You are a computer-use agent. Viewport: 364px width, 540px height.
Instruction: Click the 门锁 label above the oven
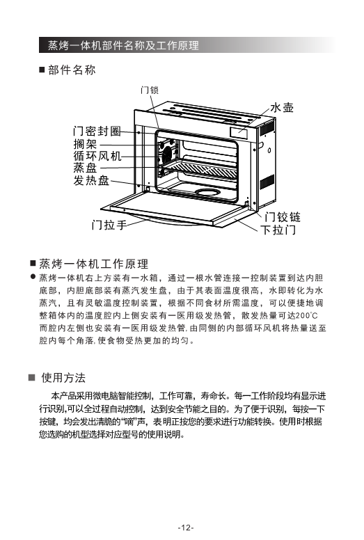pyautogui.click(x=150, y=90)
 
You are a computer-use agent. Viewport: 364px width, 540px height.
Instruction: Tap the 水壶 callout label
pyautogui.click(x=282, y=107)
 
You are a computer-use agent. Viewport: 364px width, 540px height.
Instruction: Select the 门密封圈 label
pyautogui.click(x=97, y=132)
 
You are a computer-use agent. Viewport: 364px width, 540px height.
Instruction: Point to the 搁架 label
pyautogui.click(x=85, y=144)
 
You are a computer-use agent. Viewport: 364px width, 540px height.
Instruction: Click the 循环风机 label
pyautogui.click(x=97, y=156)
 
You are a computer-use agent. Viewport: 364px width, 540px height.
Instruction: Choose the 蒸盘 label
pyautogui.click(x=85, y=168)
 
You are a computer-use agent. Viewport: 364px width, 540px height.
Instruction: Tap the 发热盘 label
pyautogui.click(x=91, y=180)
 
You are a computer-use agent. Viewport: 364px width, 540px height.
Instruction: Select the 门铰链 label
pyautogui.click(x=283, y=217)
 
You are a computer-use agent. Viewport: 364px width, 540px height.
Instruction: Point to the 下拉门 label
pyautogui.click(x=278, y=230)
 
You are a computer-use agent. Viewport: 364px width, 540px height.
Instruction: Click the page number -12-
pyautogui.click(x=186, y=527)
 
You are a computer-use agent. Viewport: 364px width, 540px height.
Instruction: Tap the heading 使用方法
pyautogui.click(x=63, y=377)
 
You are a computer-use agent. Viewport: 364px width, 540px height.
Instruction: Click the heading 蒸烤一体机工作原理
pyautogui.click(x=94, y=264)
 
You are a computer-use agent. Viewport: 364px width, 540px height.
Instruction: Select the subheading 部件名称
pyautogui.click(x=72, y=70)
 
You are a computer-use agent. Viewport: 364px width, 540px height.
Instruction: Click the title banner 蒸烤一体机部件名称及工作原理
pyautogui.click(x=123, y=45)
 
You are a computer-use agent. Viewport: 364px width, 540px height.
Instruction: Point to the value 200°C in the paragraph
pyautogui.click(x=306, y=315)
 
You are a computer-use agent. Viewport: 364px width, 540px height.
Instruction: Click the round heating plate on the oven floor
pyautogui.click(x=208, y=192)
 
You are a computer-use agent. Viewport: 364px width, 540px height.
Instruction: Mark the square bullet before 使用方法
pyautogui.click(x=32, y=377)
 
